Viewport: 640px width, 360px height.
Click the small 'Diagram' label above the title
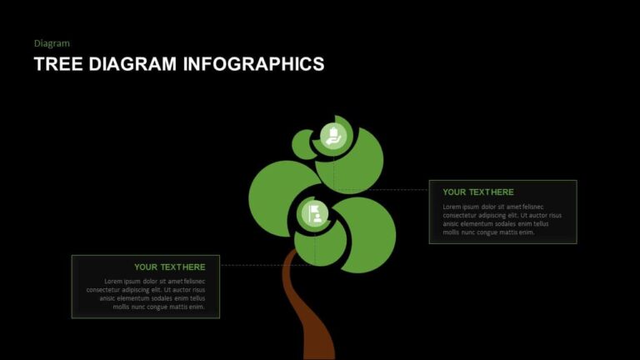(x=52, y=42)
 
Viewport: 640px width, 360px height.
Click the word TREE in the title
(x=57, y=64)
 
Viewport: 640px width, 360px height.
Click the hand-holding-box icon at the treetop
(x=333, y=136)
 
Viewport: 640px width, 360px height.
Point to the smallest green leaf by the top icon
(x=302, y=144)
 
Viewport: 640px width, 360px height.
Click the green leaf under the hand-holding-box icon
(x=354, y=167)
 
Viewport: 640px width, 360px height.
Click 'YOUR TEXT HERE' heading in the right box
(x=478, y=192)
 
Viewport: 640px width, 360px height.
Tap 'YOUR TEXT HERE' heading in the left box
(x=169, y=267)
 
